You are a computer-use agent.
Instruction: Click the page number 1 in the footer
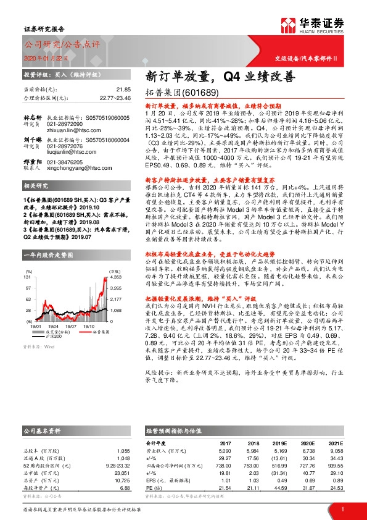click(x=342, y=509)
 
